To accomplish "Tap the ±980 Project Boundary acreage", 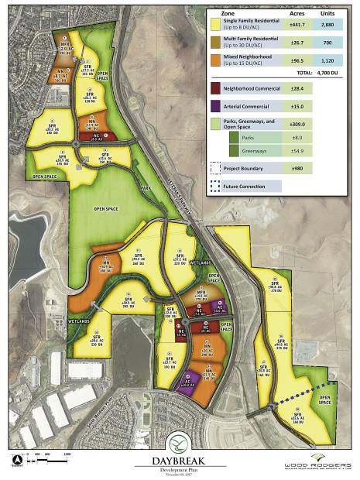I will click(297, 168).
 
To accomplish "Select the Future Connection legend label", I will click(243, 186).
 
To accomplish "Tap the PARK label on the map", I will click(145, 188).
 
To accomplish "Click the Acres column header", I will click(297, 13).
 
